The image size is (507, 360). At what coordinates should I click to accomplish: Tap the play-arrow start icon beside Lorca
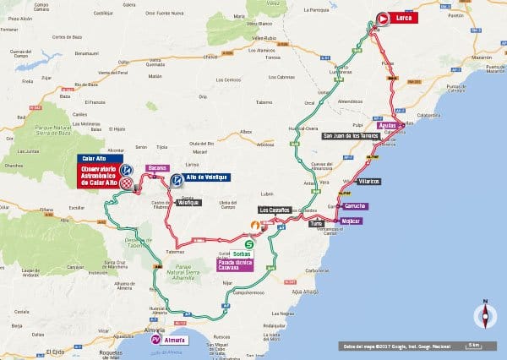383,18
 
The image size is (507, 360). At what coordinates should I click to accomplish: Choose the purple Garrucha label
355,206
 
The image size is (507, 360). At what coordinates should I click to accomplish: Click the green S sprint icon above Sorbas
248,243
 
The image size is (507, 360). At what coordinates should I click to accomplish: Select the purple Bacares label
158,168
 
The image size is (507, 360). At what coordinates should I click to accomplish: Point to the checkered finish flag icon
127,183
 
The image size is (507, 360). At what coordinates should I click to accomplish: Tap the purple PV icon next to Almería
155,340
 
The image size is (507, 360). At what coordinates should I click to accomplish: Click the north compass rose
485,315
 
